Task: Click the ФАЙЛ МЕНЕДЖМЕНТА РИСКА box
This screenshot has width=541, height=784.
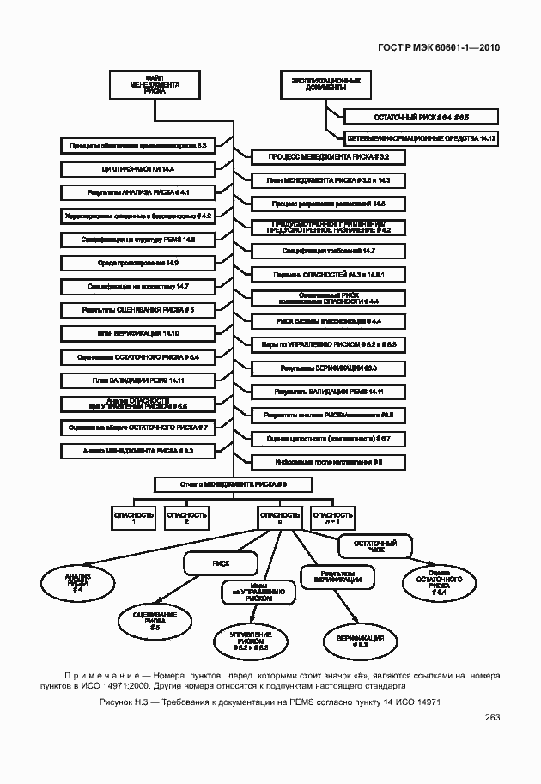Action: coord(155,87)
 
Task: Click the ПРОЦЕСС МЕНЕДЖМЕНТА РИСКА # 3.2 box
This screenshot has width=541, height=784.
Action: coord(327,157)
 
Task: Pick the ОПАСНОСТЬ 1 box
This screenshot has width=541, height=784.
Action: coord(134,517)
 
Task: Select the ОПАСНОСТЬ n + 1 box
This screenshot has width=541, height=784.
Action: coord(332,517)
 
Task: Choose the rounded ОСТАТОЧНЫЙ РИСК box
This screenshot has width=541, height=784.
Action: coord(376,546)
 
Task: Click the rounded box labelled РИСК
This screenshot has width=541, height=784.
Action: coord(221,563)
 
